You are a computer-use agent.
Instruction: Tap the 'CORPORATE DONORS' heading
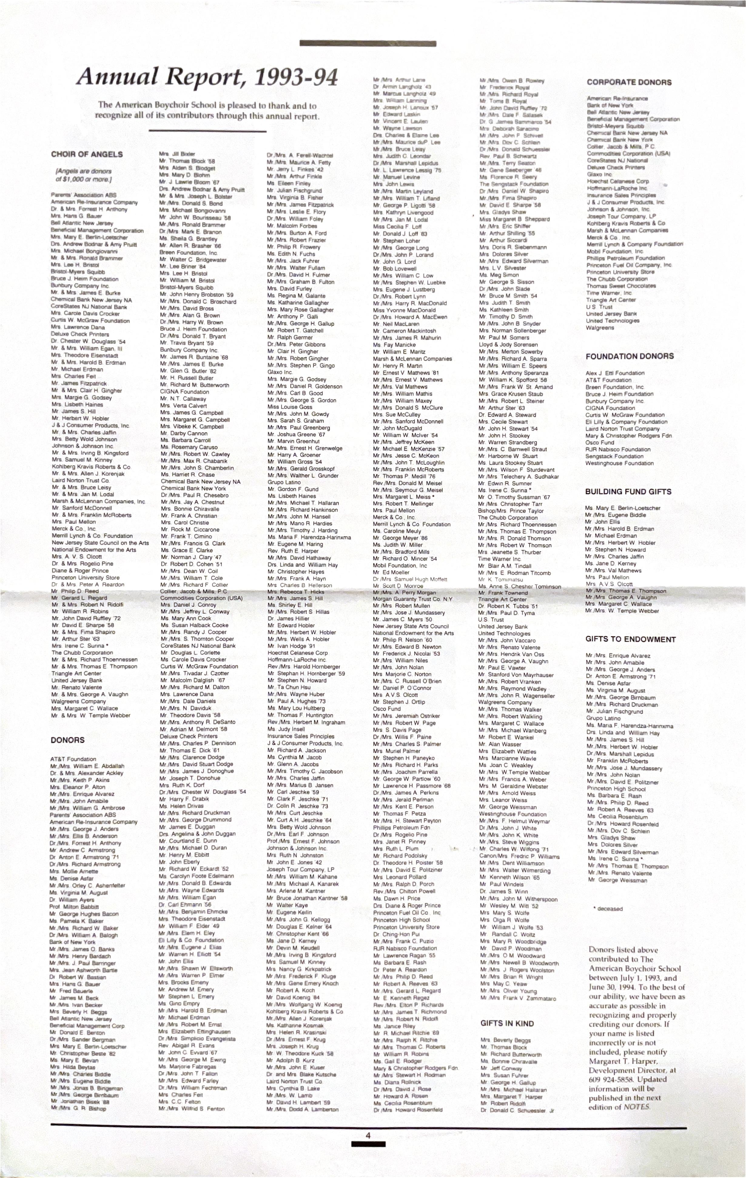point(629,82)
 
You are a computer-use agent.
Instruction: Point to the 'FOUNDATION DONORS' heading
point(630,356)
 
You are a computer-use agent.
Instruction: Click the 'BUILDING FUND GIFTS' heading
point(628,492)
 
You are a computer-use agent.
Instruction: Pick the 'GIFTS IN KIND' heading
point(507,1024)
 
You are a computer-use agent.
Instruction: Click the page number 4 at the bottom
point(368,1136)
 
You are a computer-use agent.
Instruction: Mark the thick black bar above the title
point(368,43)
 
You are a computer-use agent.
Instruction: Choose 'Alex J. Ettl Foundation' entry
point(615,373)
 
